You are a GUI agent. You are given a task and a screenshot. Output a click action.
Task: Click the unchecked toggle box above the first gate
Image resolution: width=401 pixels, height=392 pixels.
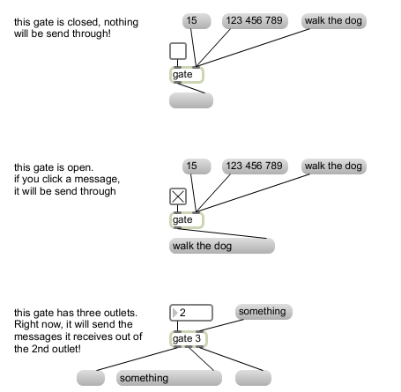(x=178, y=51)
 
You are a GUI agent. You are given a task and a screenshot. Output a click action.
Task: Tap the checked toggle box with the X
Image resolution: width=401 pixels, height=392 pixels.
(x=178, y=196)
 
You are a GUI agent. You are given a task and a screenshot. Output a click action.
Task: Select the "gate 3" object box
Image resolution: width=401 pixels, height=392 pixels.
(x=189, y=339)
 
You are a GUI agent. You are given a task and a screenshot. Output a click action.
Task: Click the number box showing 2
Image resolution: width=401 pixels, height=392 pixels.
(x=191, y=313)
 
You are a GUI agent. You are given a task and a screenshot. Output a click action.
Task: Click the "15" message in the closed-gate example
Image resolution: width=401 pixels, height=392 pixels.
(x=197, y=21)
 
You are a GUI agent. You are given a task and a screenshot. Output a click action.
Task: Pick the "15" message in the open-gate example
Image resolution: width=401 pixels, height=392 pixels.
(x=197, y=166)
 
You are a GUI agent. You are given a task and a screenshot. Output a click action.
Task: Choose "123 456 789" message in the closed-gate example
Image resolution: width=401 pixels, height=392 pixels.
(x=255, y=21)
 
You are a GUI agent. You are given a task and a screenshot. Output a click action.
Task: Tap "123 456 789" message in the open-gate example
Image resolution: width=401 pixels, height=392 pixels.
(x=255, y=166)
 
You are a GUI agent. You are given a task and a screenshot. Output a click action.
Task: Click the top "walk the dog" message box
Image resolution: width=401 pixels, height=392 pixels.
(x=334, y=21)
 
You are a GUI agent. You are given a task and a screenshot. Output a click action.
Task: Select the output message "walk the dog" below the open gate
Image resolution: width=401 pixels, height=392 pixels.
(x=222, y=246)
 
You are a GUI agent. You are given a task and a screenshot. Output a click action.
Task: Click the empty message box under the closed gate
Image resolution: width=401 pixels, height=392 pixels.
(x=191, y=100)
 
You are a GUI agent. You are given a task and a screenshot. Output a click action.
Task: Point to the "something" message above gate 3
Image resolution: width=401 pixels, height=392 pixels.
(x=264, y=312)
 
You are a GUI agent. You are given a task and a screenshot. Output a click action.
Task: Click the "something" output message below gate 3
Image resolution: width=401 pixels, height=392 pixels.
(x=169, y=378)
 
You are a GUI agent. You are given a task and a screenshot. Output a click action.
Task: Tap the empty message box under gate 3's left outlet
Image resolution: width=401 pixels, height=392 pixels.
(x=91, y=378)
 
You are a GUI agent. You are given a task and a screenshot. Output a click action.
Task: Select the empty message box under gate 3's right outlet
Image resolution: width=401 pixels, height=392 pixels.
(x=253, y=378)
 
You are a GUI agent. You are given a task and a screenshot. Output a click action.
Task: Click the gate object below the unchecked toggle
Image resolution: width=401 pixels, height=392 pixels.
(x=187, y=75)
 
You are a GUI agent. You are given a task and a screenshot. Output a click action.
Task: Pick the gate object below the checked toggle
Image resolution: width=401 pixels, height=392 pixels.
(x=187, y=220)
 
